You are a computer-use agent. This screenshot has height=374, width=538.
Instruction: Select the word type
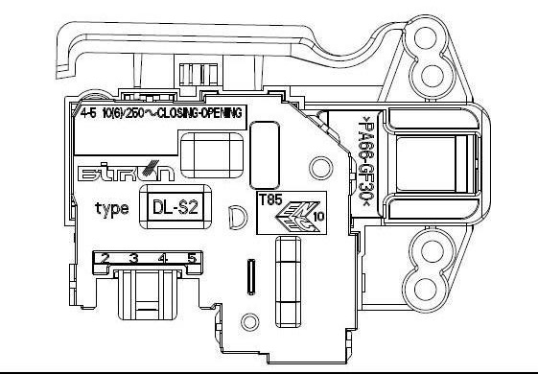(x=113, y=208)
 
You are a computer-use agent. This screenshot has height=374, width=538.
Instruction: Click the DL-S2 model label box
(x=175, y=207)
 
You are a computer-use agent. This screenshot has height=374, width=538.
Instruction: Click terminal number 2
(x=104, y=258)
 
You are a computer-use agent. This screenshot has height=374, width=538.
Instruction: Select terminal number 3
(x=133, y=258)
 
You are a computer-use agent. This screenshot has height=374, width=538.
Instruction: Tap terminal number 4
(x=163, y=258)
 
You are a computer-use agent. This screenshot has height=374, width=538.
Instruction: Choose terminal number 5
(x=192, y=258)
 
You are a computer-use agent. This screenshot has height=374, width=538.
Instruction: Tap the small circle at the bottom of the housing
(x=250, y=322)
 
